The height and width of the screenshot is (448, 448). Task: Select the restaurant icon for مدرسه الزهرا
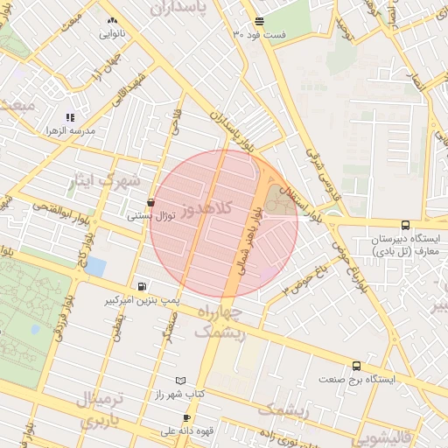pos(70,116)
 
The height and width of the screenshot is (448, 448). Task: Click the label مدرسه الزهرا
pos(71,130)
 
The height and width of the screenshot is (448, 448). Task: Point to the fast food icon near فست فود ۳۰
pos(259,21)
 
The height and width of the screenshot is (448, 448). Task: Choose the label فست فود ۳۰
pos(260,34)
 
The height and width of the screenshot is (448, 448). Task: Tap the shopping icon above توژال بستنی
pos(151,201)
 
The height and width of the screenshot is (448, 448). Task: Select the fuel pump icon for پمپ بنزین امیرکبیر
pos(142,286)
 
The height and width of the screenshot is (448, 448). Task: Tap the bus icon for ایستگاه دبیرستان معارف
pos(404,225)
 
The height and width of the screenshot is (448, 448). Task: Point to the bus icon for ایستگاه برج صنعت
pos(356,366)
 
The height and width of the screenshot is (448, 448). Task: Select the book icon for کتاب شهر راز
pos(180,381)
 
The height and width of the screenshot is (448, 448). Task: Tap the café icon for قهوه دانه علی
pos(185,417)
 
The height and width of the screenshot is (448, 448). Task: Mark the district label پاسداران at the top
pos(191,9)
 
